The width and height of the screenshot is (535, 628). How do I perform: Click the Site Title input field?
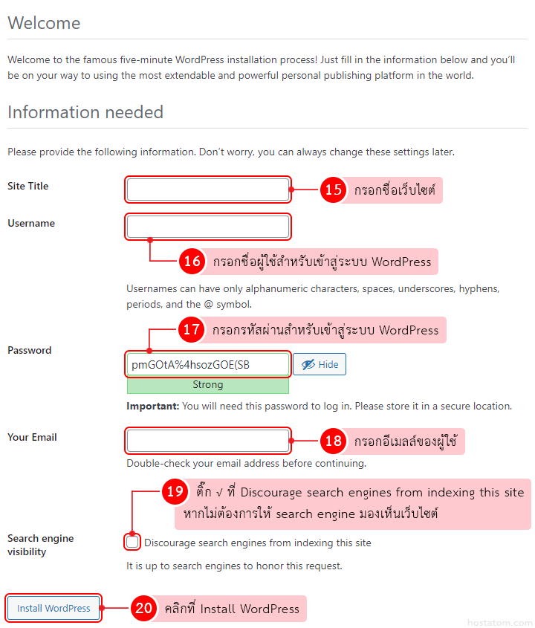click(208, 190)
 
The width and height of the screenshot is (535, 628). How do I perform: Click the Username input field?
click(208, 227)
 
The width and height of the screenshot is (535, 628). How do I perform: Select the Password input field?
click(208, 364)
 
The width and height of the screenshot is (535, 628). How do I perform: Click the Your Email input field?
click(208, 441)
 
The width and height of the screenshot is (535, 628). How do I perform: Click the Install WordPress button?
click(53, 608)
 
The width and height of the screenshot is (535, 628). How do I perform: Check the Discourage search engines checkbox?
click(132, 543)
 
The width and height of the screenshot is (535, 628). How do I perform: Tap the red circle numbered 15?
click(334, 190)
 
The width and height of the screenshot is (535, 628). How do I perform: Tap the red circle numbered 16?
click(192, 261)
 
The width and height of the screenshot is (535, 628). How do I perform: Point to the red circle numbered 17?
click(192, 329)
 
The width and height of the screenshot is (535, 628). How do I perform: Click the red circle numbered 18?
click(334, 441)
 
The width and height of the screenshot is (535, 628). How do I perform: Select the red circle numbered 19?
click(175, 491)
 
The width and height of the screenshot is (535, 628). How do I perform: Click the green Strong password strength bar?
click(208, 385)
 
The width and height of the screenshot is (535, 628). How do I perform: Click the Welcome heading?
click(44, 23)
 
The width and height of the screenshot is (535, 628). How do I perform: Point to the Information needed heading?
click(85, 112)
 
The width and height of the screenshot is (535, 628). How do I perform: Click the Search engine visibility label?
click(40, 545)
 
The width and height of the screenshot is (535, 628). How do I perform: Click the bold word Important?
click(152, 407)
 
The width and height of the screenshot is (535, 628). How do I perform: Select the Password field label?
click(30, 350)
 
